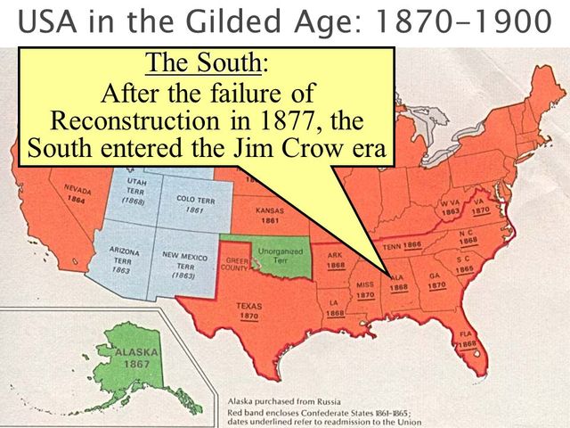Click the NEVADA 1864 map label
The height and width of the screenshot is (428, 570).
77,193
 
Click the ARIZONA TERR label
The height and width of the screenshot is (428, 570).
124,259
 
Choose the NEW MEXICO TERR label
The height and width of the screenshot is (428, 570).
184,265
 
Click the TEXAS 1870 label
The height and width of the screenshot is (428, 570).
249,310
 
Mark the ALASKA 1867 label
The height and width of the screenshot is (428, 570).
134,358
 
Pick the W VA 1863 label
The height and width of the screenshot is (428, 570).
451,209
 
